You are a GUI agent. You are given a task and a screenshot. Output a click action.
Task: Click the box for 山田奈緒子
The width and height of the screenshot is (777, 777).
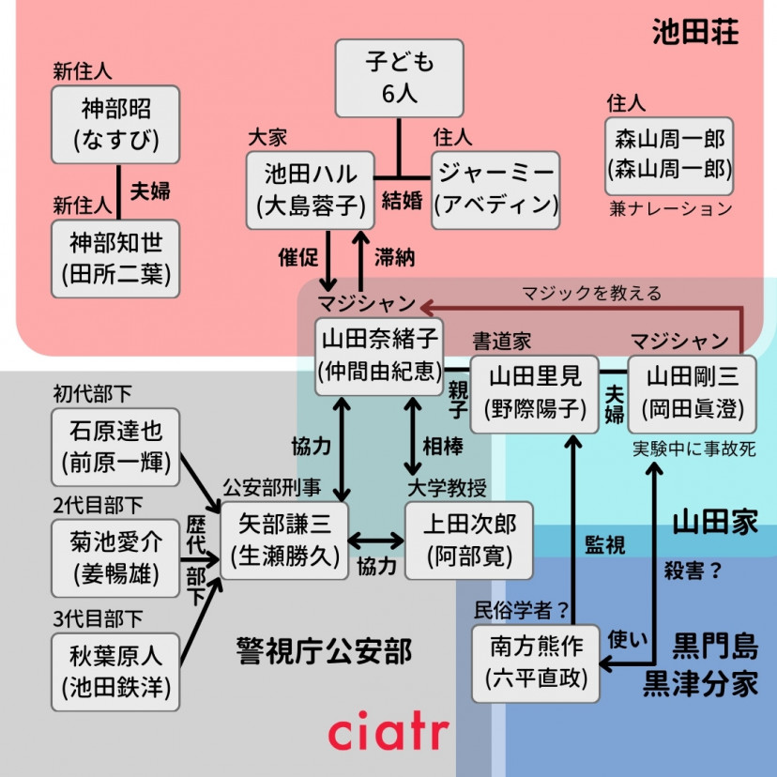380,357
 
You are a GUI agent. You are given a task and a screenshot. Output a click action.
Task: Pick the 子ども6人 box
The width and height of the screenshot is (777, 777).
400,78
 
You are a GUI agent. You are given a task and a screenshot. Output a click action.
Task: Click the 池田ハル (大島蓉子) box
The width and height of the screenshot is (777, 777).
311,190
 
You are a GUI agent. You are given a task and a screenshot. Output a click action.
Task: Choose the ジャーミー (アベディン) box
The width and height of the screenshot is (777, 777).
495,190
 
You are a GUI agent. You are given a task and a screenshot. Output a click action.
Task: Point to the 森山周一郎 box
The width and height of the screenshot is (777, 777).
669,155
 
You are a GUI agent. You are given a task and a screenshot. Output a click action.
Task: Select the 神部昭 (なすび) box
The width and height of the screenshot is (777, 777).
115,124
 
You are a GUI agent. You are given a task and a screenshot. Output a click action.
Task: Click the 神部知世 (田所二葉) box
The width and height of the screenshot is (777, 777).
115,259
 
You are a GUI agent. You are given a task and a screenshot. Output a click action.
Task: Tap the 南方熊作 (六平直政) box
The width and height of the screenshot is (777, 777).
536,663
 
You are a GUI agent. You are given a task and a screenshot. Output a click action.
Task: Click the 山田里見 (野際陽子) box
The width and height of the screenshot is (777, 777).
534,393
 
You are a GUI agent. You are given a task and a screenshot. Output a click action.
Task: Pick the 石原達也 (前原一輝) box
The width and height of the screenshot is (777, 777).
115,447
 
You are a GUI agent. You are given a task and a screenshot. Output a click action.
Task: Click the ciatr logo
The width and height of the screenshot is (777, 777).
388,733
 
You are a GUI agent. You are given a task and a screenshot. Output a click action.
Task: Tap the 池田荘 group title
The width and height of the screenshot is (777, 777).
695,34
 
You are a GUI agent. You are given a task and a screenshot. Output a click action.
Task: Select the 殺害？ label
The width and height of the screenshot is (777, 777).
693,570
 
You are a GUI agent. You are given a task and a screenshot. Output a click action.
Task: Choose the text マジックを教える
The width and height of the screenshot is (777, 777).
592,294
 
